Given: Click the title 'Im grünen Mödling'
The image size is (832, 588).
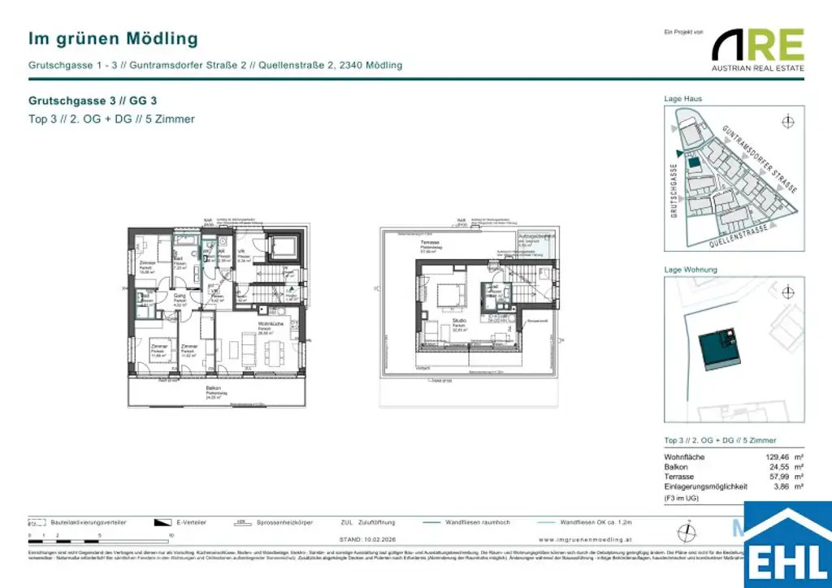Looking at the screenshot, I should [x=113, y=38].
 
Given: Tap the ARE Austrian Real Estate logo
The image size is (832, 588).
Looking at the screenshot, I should [x=758, y=50].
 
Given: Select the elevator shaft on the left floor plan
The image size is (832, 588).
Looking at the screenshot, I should [x=287, y=245].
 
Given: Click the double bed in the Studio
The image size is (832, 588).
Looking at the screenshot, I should [x=446, y=294].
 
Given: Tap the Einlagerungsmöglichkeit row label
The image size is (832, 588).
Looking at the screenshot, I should [x=705, y=486].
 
